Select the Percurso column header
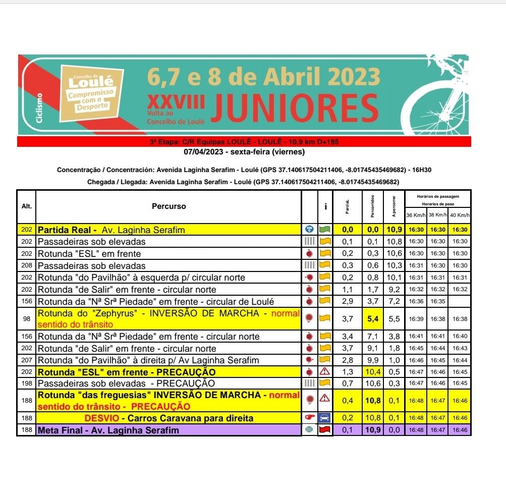click(168, 206)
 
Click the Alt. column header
click(26, 206)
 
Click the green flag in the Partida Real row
click(325, 230)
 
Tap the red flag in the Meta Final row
click(325, 430)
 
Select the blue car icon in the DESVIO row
click(325, 418)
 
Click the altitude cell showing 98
click(26, 318)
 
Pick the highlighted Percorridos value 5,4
click(373, 318)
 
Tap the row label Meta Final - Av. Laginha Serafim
click(108, 430)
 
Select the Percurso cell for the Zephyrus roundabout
click(168, 318)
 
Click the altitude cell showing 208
click(26, 265)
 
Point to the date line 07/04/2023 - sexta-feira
click(244, 151)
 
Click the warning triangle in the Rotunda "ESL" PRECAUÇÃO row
click(325, 372)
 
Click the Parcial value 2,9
click(348, 302)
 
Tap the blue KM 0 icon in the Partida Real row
click(310, 230)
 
